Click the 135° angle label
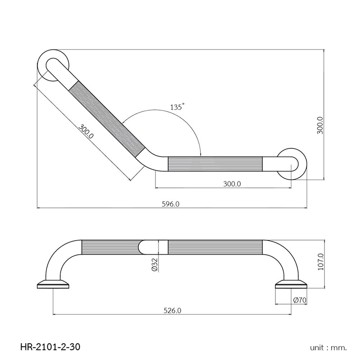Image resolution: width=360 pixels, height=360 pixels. (177, 107)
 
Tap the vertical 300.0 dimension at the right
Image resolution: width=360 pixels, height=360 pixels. (320, 125)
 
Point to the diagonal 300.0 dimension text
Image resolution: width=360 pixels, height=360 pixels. (86, 132)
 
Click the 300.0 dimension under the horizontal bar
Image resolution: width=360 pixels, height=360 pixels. (231, 184)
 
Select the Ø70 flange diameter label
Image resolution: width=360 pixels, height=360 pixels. (300, 300)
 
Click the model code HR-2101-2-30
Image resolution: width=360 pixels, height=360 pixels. (50, 347)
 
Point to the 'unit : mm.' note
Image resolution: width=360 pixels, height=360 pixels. (328, 348)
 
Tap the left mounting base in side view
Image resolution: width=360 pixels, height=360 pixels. (54, 284)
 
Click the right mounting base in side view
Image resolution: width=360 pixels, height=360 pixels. (291, 284)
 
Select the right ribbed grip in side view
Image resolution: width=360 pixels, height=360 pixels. (215, 248)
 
